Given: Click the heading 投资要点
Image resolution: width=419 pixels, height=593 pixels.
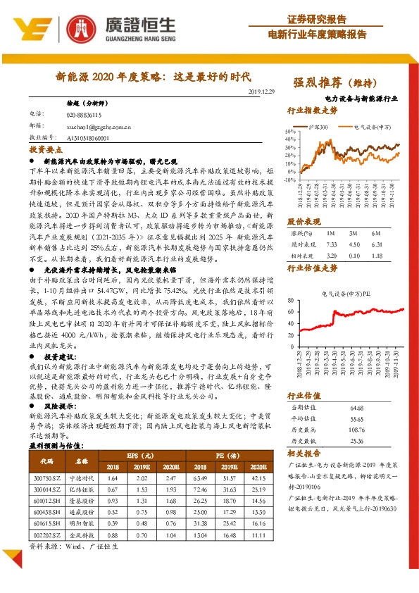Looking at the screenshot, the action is [x=44, y=151].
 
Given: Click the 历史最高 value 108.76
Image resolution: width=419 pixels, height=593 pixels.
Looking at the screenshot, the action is [x=356, y=429].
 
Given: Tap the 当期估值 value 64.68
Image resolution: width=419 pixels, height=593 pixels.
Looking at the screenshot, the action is [x=356, y=408].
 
